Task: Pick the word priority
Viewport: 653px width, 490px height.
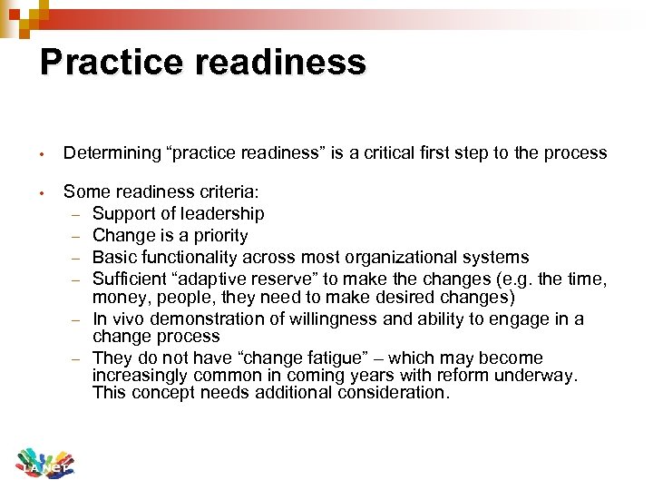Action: coord(214,235)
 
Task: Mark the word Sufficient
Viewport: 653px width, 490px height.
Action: coord(130,279)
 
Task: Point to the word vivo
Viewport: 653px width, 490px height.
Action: coord(127,318)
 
